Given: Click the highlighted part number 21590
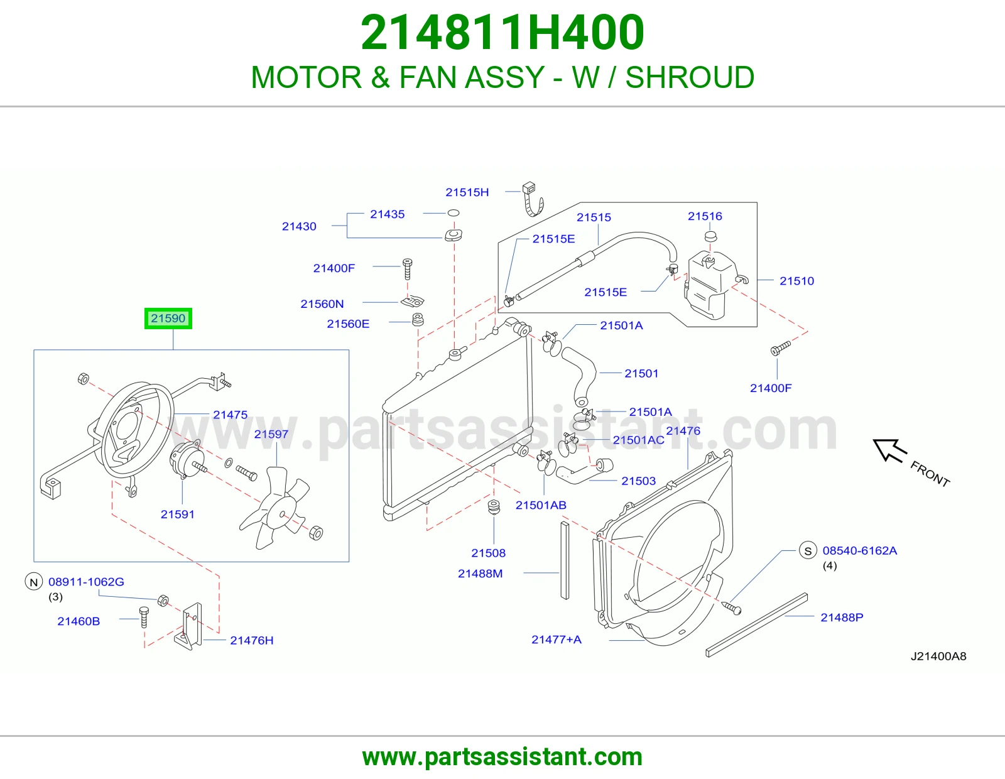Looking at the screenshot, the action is click(168, 319).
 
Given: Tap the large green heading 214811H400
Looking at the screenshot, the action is click(503, 33).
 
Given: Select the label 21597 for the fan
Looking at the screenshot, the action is click(271, 434).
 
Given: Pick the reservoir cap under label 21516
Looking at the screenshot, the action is click(710, 237).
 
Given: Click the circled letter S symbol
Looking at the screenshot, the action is click(808, 551).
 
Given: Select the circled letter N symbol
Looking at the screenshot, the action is click(34, 582).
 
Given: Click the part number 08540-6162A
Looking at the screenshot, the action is click(860, 550).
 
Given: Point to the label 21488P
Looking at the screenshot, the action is click(842, 617).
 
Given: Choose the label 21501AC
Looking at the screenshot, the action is click(638, 440).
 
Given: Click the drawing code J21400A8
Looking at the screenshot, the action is click(938, 656).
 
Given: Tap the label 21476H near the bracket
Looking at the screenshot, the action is click(252, 640).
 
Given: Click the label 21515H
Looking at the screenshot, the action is click(467, 192).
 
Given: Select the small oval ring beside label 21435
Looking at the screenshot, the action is click(454, 213).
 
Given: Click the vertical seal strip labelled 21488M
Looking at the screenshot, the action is click(565, 560).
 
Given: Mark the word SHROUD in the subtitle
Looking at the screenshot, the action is click(690, 77).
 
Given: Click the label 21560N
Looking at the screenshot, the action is click(322, 304).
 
